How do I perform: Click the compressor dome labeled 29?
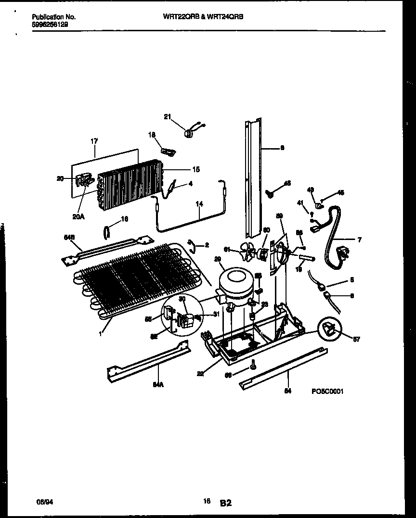(236, 280)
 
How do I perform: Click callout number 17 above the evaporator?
(94, 141)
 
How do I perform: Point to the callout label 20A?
(78, 216)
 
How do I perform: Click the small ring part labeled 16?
(107, 232)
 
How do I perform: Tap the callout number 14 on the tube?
(199, 204)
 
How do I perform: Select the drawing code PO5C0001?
(327, 392)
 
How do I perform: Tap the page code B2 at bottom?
(226, 503)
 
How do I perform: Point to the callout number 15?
(196, 169)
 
